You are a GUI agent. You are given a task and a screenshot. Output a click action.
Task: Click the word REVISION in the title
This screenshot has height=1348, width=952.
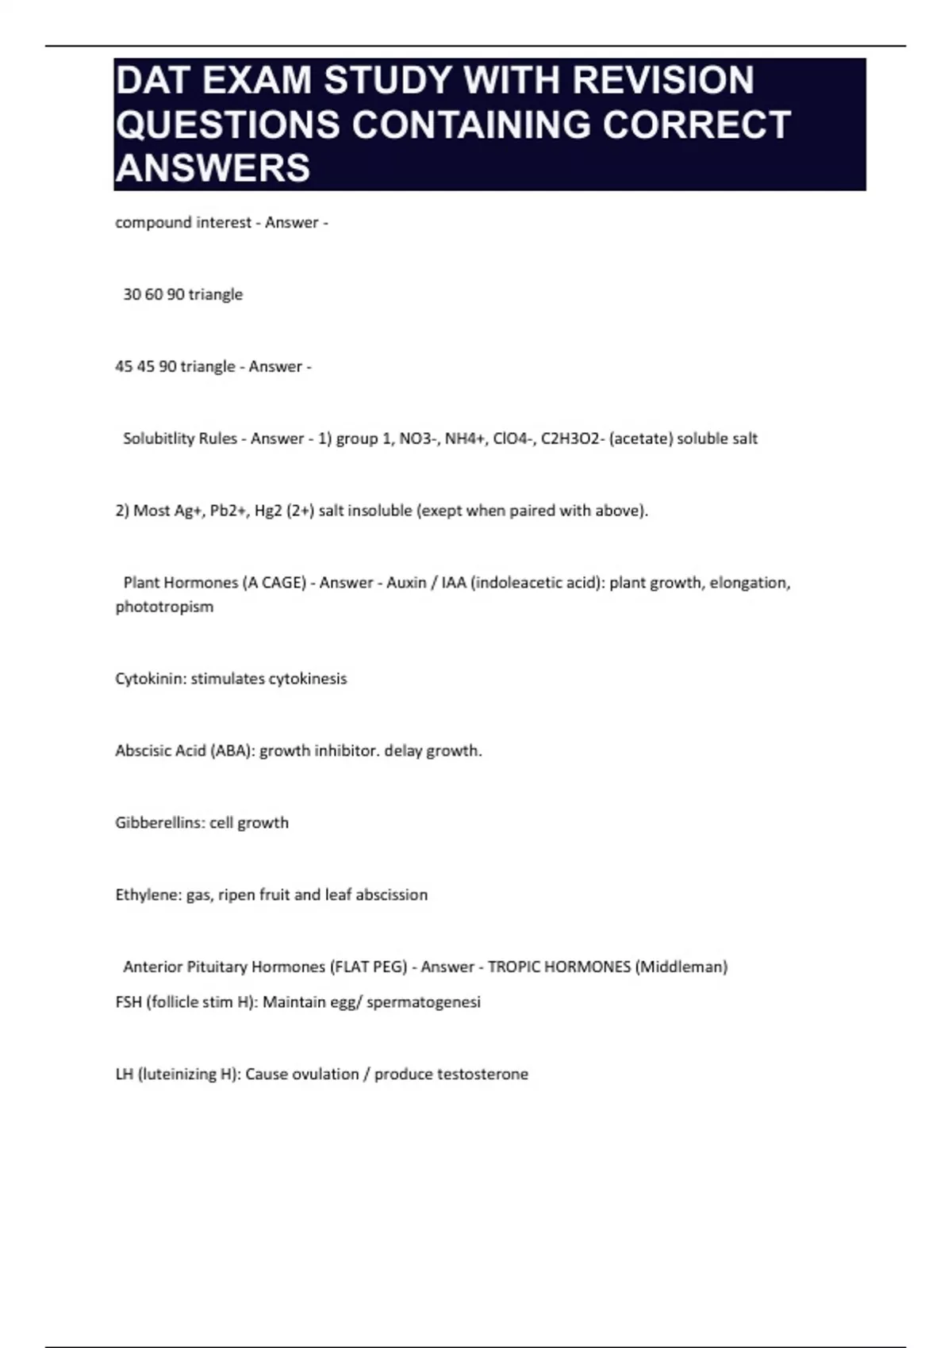pyautogui.click(x=663, y=80)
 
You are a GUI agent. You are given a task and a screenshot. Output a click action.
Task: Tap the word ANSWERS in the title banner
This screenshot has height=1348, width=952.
pyautogui.click(x=213, y=168)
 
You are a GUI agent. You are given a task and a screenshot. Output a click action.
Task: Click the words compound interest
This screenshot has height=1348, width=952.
pyautogui.click(x=183, y=223)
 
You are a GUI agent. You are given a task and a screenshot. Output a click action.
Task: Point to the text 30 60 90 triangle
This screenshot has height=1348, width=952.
pyautogui.click(x=182, y=295)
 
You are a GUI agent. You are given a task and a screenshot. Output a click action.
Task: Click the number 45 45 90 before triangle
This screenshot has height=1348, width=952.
pyautogui.click(x=146, y=367)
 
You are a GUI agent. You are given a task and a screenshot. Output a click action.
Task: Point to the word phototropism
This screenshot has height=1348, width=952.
pyautogui.click(x=164, y=607)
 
